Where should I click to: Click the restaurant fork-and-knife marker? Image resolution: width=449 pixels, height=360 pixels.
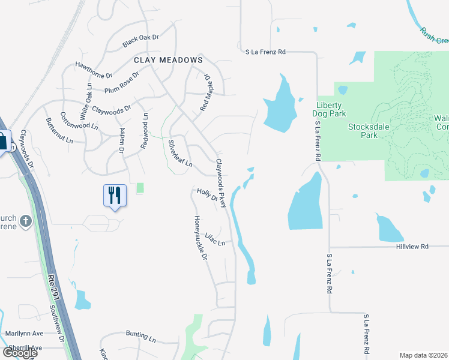point(115,195)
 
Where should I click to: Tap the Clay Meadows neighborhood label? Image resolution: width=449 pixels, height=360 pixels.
point(167,61)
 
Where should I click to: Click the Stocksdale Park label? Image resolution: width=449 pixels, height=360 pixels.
point(372,131)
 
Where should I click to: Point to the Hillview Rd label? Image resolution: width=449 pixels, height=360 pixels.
point(412,247)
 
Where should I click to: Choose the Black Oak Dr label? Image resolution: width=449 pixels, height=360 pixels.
point(140,41)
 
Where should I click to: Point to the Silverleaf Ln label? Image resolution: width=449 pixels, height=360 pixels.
point(179,153)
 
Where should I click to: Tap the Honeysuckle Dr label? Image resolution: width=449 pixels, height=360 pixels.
point(200,238)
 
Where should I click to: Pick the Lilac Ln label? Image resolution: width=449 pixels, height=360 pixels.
point(215,238)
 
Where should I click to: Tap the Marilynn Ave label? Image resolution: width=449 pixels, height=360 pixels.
point(25,334)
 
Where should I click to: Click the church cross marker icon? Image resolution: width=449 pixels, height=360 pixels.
point(25,221)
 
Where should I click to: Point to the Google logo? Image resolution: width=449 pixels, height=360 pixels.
point(20,352)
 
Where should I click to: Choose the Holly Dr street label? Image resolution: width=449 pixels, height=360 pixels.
point(206,196)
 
